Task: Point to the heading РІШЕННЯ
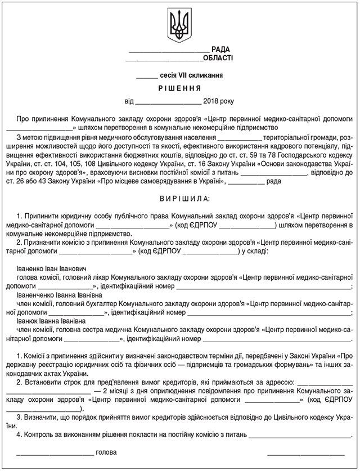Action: pos(179,88)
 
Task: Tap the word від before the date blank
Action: pos(129,102)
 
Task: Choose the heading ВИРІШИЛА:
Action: pos(179,199)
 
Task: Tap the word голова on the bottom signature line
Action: pos(106,452)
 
